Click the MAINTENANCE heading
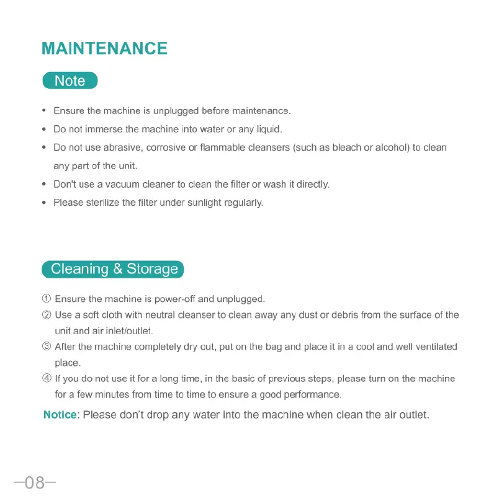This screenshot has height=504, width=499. coord(104,49)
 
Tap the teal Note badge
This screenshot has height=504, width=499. coord(70,81)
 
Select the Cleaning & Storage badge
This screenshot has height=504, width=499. coord(114,269)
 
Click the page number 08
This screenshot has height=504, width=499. coord(35,482)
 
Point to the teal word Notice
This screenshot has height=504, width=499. coord(60,415)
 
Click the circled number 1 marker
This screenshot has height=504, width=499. coord(47,299)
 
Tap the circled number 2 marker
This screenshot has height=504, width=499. coord(47,315)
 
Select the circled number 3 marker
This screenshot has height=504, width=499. coord(47,347)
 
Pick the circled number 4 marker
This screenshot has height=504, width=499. coord(47,379)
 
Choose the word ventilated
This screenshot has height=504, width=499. coord(434,347)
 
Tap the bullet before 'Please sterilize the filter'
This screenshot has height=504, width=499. coord(44,203)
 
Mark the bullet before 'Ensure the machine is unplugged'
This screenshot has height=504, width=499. coord(44,111)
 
